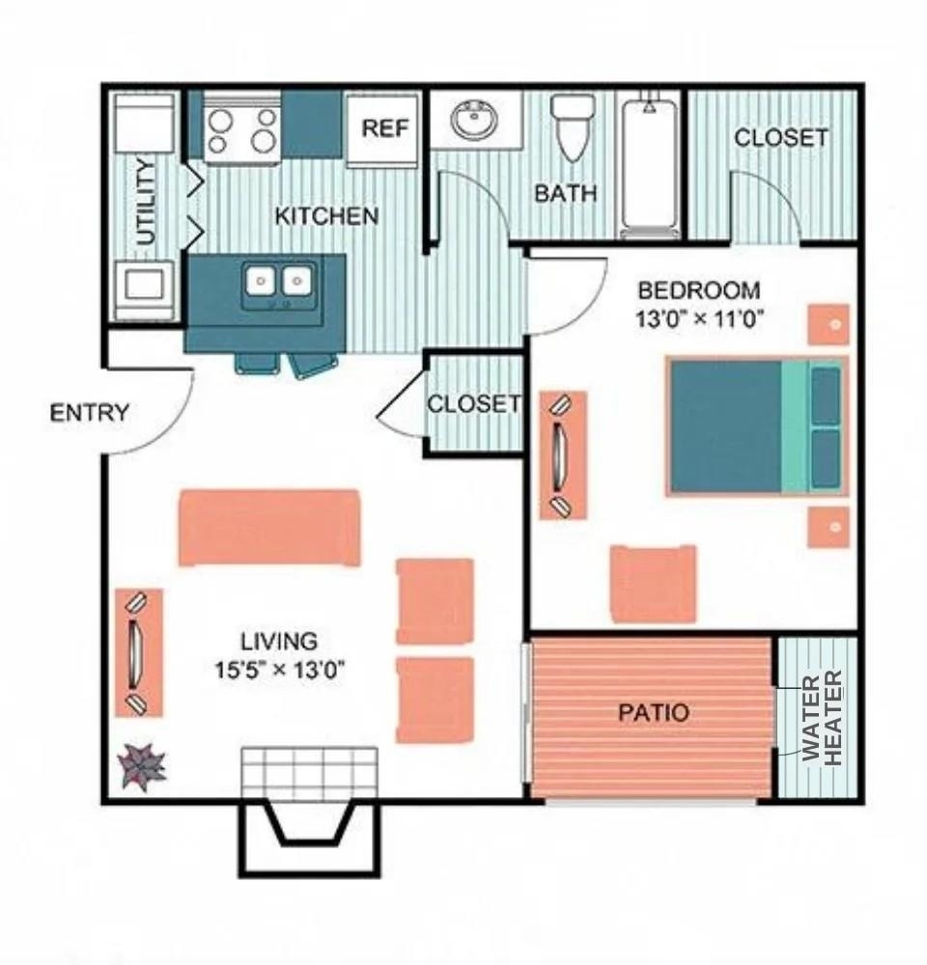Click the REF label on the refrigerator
coord(385,128)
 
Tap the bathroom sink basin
coord(474,120)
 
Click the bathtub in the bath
coord(649,165)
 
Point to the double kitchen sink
coord(280,283)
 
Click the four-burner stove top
coord(241,130)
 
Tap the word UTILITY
coord(146,202)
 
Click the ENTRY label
coord(90,412)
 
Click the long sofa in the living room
coord(268,528)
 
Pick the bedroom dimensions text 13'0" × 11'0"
coord(700,319)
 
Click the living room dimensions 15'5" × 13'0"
coord(279,669)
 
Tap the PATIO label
coord(654,713)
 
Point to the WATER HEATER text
coord(823,718)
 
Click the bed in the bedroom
coord(757,427)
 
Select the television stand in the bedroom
coord(563,455)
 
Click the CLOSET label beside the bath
coord(781,137)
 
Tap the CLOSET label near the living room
coord(474,404)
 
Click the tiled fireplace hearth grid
coord(309,773)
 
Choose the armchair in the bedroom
coord(654,584)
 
